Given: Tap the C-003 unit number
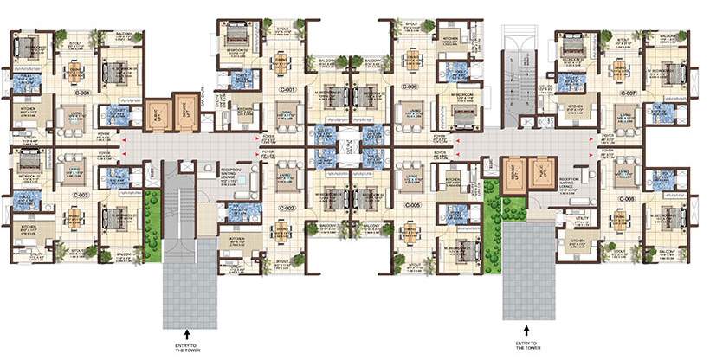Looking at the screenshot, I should (81, 196).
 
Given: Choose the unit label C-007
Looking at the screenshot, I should (629, 93).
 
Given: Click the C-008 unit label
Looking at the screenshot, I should (627, 198).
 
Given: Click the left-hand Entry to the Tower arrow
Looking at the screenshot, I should (187, 330).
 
